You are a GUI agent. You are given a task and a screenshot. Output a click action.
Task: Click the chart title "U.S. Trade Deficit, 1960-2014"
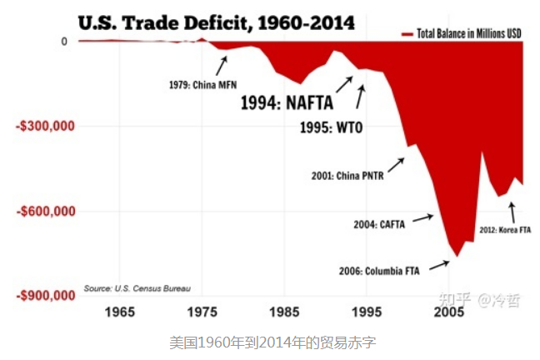[x=216, y=22]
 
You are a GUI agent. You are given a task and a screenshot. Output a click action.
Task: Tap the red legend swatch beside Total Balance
[x=407, y=34]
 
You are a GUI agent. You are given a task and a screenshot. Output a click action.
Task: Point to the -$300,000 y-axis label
[x=47, y=126]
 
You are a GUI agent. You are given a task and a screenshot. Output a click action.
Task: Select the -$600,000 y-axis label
[x=47, y=211]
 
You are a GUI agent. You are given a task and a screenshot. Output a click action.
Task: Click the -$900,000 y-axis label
[x=47, y=296]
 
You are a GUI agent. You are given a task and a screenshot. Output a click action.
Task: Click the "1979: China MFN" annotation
[x=203, y=85]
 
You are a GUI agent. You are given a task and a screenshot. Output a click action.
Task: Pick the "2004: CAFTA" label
[x=378, y=223]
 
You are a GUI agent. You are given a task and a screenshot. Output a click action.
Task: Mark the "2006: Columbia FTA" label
[x=379, y=270]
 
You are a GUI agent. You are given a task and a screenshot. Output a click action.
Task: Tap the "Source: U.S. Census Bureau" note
[x=137, y=288]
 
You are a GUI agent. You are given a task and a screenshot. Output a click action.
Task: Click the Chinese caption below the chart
[x=268, y=341]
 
